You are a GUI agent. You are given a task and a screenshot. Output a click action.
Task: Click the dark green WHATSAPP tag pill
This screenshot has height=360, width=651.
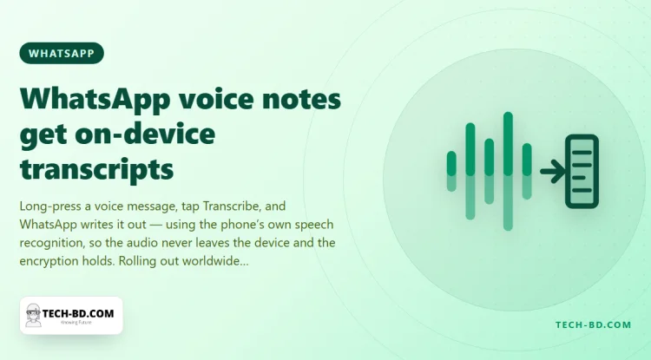click(62, 53)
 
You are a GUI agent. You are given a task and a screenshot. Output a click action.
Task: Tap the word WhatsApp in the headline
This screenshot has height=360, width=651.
click(95, 100)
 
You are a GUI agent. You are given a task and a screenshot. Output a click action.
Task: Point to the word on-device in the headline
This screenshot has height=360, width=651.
click(145, 134)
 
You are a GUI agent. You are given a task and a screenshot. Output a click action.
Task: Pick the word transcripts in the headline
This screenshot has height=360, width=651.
click(96, 170)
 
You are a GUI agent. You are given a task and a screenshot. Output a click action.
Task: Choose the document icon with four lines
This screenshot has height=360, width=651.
click(582, 171)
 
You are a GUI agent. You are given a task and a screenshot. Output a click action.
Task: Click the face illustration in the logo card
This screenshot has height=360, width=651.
click(33, 315)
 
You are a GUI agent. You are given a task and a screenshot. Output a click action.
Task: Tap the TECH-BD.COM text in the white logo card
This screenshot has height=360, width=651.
click(78, 313)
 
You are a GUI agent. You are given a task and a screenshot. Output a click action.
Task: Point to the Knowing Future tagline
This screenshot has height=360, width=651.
click(76, 322)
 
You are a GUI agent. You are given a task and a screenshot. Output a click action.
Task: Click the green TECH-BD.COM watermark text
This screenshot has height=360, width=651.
click(594, 324)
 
